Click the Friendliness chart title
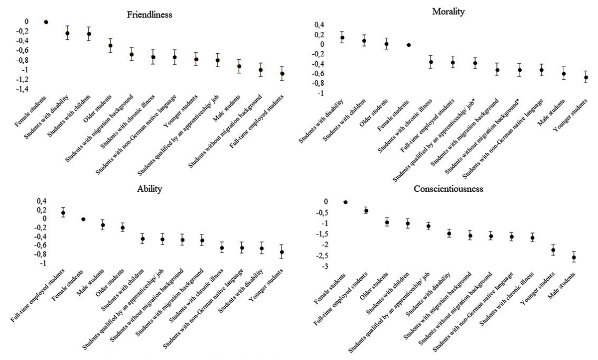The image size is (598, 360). click(149, 15)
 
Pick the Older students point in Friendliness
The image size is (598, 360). click(111, 45)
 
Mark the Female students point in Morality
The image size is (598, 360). click(409, 45)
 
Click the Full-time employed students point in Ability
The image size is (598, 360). click(63, 213)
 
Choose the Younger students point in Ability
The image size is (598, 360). click(282, 252)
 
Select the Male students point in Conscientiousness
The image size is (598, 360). click(574, 257)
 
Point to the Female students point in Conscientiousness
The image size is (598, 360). click(345, 202)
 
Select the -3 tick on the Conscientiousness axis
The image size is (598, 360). click(326, 267)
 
